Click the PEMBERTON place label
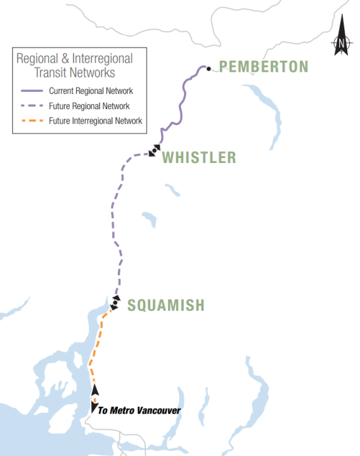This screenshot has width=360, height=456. [x=264, y=67]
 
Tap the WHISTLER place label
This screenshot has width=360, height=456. [x=198, y=157]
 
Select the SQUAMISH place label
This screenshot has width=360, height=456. [x=166, y=305]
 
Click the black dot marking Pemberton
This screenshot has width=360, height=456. [x=208, y=68]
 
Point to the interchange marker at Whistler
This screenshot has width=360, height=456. [x=153, y=150]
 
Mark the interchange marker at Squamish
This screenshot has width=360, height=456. [x=115, y=303]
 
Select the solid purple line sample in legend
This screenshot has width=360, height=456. [x=31, y=91]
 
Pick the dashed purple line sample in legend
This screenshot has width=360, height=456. [x=31, y=106]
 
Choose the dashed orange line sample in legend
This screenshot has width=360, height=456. [x=31, y=121]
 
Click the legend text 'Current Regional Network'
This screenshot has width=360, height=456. [x=91, y=91]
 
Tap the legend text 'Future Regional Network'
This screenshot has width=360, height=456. [x=89, y=106]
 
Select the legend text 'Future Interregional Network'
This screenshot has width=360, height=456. [x=95, y=121]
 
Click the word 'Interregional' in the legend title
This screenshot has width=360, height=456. [x=101, y=58]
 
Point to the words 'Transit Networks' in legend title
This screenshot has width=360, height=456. [x=75, y=72]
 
